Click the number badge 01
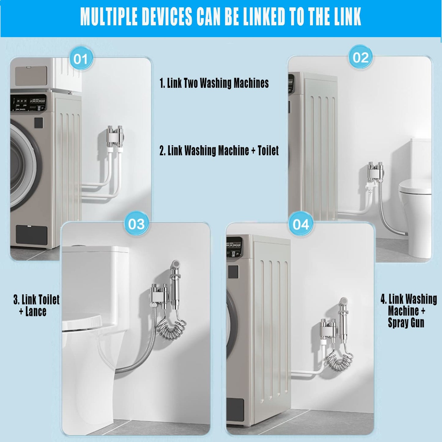[81, 59]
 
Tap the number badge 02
[361, 58]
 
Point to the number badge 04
[301, 224]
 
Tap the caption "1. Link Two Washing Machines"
[214, 83]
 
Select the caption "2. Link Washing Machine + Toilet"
[219, 151]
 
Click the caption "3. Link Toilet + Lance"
[36, 305]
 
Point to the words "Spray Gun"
[406, 323]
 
